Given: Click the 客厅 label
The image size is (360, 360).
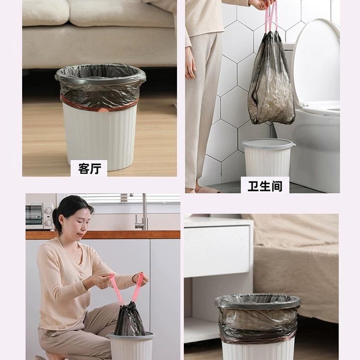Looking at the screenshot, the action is coord(90,169).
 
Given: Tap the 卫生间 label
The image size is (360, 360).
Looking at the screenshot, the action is coord(264,186).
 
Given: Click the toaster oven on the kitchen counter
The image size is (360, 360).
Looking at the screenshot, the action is coord(39,216).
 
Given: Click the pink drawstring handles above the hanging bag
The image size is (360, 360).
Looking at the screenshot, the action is coord(270,17).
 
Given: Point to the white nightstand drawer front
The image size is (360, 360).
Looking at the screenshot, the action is coord(217,250).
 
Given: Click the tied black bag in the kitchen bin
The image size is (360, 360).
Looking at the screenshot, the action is coord(129,319).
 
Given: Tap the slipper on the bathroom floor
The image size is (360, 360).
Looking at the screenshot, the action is coord(206,189).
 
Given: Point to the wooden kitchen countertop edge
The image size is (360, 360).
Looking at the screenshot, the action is coord(103,235).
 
